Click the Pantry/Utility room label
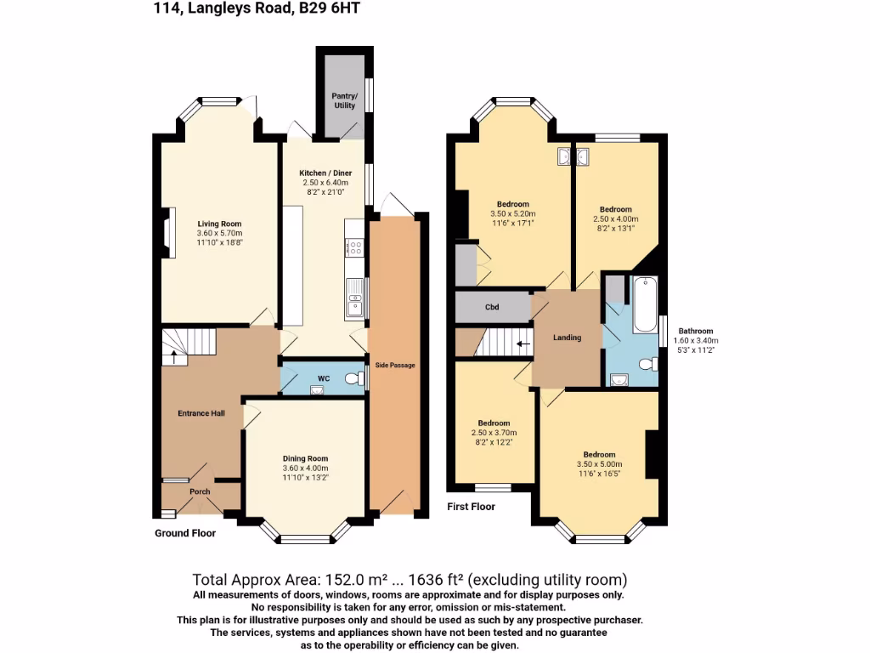click(344, 100)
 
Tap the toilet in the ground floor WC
click(354, 378)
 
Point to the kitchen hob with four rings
click(356, 249)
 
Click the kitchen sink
click(354, 298)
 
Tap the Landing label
click(567, 338)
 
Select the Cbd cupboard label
click(491, 308)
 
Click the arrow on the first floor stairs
click(524, 344)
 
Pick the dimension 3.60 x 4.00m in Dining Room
click(304, 468)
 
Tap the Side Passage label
click(395, 366)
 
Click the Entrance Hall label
click(201, 413)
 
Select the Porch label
click(200, 491)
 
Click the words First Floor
click(472, 507)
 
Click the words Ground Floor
click(185, 533)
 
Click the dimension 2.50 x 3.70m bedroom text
click(494, 433)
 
